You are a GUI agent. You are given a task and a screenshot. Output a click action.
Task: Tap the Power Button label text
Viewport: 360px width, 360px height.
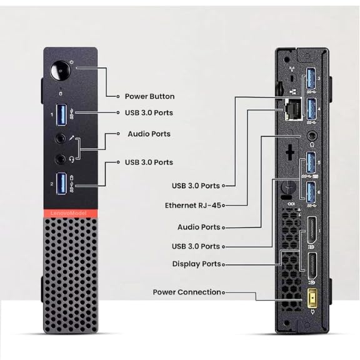pos(150,96)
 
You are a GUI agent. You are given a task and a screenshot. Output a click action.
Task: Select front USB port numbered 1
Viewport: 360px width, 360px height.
pos(61,115)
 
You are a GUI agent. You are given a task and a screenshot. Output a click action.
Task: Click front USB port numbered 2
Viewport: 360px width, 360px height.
pos(61,184)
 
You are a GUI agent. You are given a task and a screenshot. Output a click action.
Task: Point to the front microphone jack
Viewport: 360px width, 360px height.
pos(61,139)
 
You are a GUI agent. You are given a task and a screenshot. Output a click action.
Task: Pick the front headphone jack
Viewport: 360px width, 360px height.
pos(61,159)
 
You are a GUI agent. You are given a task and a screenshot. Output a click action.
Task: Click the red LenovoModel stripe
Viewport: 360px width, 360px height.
pos(70,213)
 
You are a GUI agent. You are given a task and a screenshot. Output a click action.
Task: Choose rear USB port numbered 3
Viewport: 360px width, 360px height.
pos(311,78)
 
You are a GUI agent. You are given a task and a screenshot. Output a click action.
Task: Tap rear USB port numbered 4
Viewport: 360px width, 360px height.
pos(311,109)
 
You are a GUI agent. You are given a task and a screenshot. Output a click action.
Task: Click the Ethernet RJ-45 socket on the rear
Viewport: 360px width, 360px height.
pos(293,109)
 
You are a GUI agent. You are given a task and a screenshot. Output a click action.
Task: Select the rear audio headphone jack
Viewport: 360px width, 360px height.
pos(312,136)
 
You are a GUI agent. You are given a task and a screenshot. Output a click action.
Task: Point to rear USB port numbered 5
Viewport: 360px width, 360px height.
pos(311,162)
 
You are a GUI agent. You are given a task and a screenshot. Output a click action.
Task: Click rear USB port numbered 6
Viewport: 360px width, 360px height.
pos(311,192)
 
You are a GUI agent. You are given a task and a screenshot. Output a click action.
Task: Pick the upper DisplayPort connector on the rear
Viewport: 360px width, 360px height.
pos(312,230)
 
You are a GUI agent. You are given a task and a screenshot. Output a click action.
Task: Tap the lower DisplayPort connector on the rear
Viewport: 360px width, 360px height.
pos(312,266)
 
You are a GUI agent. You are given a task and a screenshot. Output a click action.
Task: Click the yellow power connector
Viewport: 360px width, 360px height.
pos(312,298)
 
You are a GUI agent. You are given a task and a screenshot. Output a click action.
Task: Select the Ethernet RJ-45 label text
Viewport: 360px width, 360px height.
pos(193,205)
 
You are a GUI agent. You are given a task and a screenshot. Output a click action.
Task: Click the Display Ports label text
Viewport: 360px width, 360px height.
pos(196,264)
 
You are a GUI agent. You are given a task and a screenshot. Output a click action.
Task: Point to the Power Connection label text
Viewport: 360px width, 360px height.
pos(187,292)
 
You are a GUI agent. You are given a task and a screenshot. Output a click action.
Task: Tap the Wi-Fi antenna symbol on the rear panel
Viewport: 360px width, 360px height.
pos(292,69)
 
